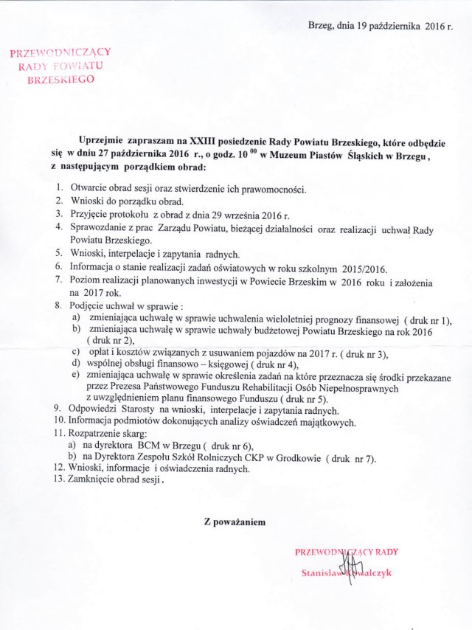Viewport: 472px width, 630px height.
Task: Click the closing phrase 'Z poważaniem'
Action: (235, 522)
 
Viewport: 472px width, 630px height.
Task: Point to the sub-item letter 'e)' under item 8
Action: (75, 375)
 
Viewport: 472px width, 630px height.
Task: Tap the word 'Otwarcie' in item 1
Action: (89, 190)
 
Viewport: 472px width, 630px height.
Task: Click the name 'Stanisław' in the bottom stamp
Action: (322, 573)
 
